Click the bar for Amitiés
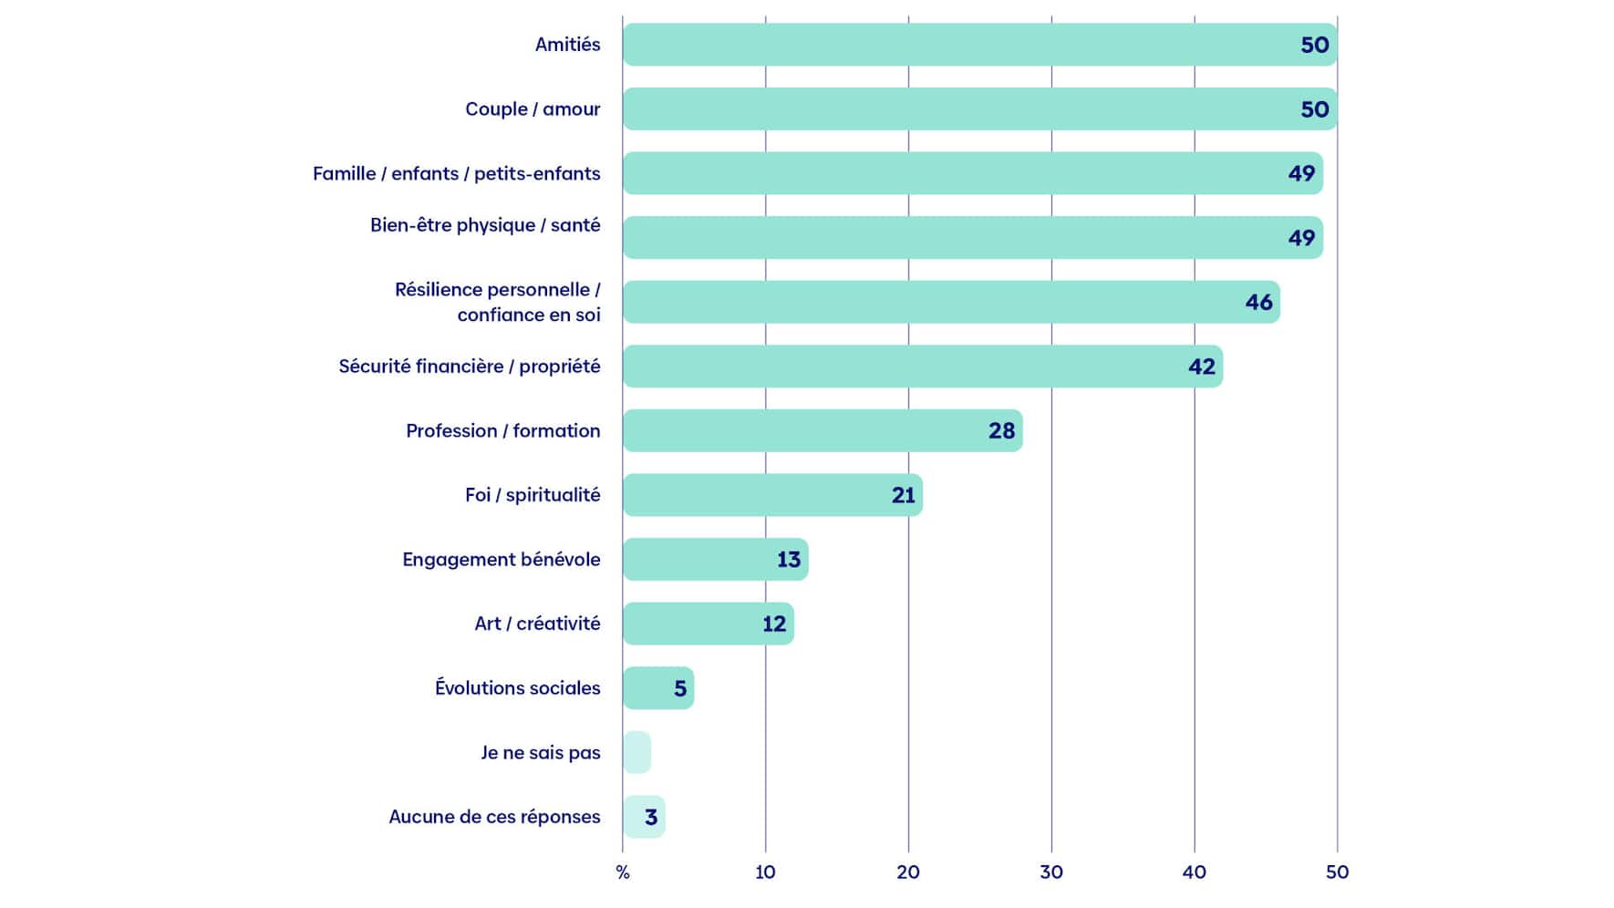(979, 45)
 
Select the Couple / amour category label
(533, 109)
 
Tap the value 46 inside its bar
(1258, 303)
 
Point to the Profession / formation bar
(823, 430)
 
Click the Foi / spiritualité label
(533, 495)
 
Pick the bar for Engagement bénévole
(716, 560)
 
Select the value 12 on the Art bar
(774, 624)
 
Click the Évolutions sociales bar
(658, 688)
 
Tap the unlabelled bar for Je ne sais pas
(636, 752)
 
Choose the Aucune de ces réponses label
(494, 817)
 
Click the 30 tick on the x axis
(1051, 872)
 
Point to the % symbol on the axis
(623, 872)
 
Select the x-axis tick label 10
(765, 872)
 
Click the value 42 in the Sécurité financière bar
(1202, 366)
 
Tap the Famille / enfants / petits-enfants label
(456, 173)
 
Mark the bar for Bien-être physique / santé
(973, 238)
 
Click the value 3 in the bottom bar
(651, 817)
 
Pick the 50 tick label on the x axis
(1337, 872)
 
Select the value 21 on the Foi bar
(904, 495)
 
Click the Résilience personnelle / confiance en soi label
(497, 302)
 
